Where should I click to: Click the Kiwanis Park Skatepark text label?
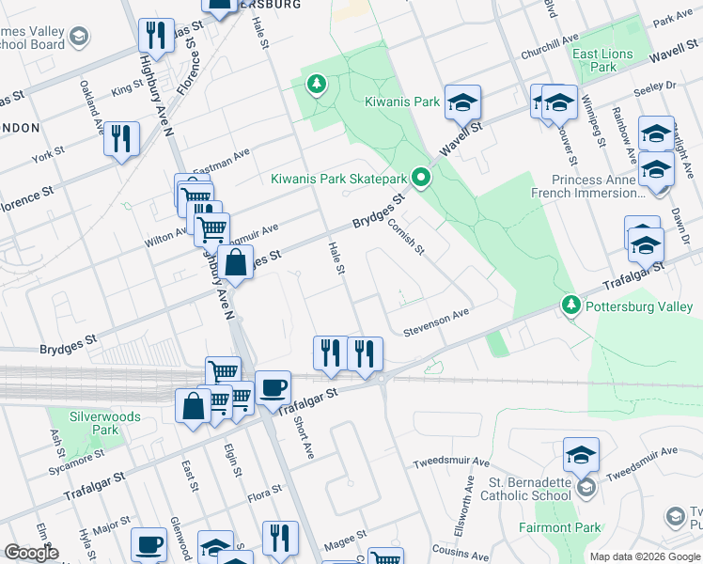[x=338, y=179]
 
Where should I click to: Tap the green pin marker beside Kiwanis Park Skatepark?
[x=422, y=177]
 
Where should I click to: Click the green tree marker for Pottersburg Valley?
[x=570, y=305]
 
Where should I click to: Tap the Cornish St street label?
[x=416, y=236]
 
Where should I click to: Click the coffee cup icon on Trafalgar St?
[x=273, y=386]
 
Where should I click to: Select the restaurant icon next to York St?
[x=121, y=138]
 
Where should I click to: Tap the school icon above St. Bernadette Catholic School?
[x=581, y=454]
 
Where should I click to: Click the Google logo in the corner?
[x=31, y=553]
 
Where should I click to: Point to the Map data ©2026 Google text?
[x=644, y=556]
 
